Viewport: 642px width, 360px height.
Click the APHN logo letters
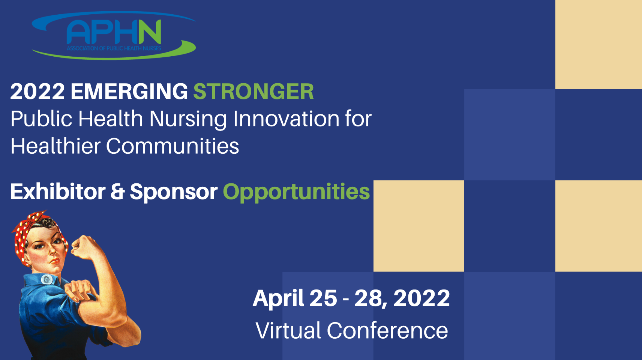click(114, 32)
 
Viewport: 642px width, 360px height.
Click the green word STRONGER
click(253, 91)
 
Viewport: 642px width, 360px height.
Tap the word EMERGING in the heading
click(129, 91)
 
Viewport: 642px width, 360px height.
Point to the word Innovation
click(286, 119)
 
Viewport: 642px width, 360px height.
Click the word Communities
click(172, 146)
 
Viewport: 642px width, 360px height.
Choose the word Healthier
click(55, 146)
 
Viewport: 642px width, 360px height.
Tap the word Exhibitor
click(58, 192)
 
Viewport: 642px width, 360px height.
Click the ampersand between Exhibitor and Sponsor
click(117, 192)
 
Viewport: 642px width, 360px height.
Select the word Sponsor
click(174, 192)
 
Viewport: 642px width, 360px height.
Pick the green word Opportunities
click(296, 192)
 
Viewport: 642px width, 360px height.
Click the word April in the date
click(278, 299)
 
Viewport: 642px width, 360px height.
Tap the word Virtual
click(288, 330)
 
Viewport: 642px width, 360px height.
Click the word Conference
click(387, 330)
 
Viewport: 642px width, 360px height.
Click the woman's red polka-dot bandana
click(26, 232)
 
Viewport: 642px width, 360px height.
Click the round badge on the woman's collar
click(47, 279)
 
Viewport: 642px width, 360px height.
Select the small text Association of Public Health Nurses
click(114, 48)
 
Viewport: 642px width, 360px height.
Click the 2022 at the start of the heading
click(37, 91)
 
